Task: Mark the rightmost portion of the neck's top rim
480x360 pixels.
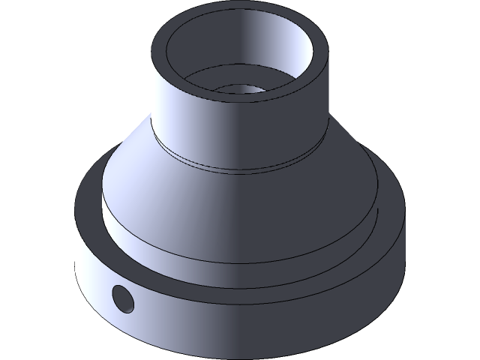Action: tap(323, 56)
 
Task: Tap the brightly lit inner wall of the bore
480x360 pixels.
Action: tap(277, 52)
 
